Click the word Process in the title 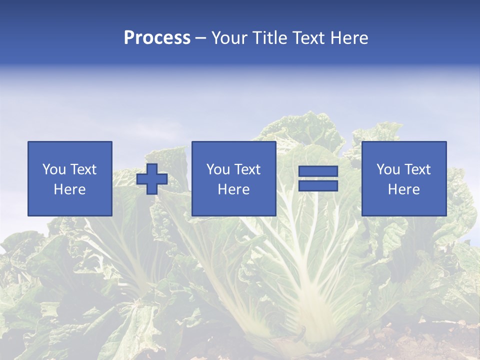[x=157, y=38]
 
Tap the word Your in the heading [x=229, y=38]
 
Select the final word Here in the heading [x=349, y=38]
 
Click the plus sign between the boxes [x=152, y=179]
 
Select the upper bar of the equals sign [x=318, y=171]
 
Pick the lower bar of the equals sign [x=318, y=186]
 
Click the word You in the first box [x=54, y=169]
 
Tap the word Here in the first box [x=70, y=189]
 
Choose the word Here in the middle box [x=234, y=189]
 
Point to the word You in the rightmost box [x=388, y=169]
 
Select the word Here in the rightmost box [x=404, y=189]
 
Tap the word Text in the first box [x=83, y=169]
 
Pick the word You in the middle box [x=218, y=169]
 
